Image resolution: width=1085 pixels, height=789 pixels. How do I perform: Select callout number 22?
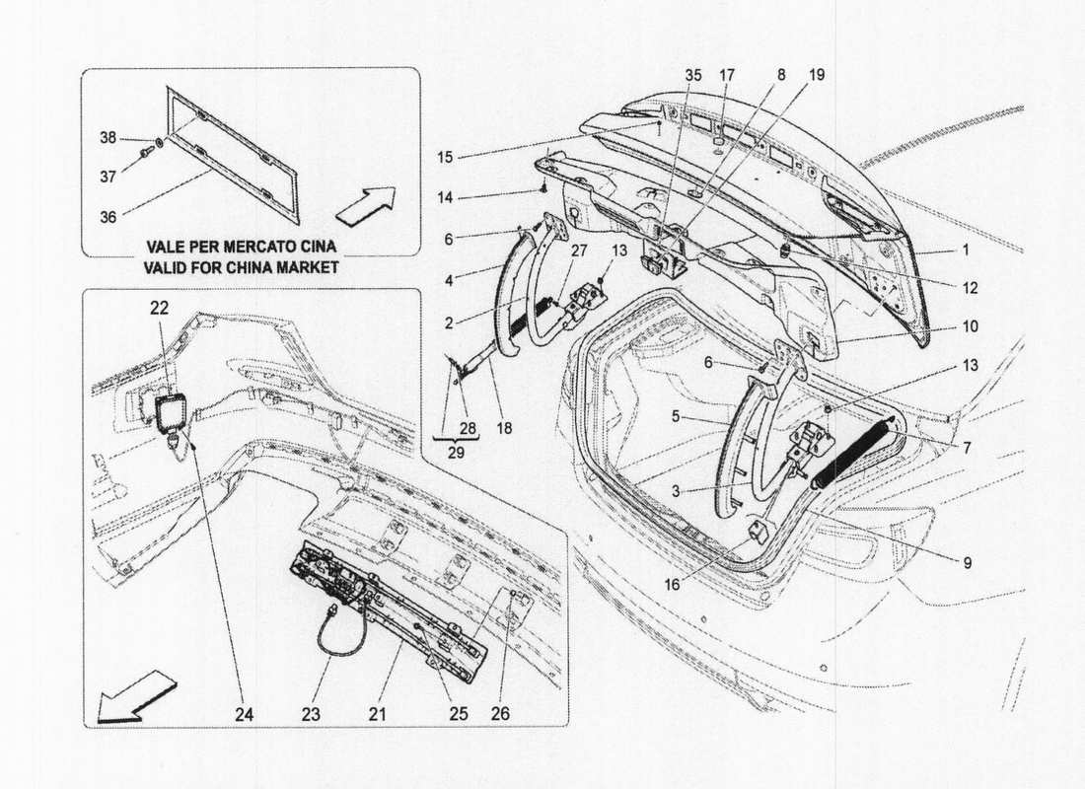pos(160,309)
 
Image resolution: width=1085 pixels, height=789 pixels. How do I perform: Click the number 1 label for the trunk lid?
pos(968,250)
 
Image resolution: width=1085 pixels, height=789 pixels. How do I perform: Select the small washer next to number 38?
pos(160,142)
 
